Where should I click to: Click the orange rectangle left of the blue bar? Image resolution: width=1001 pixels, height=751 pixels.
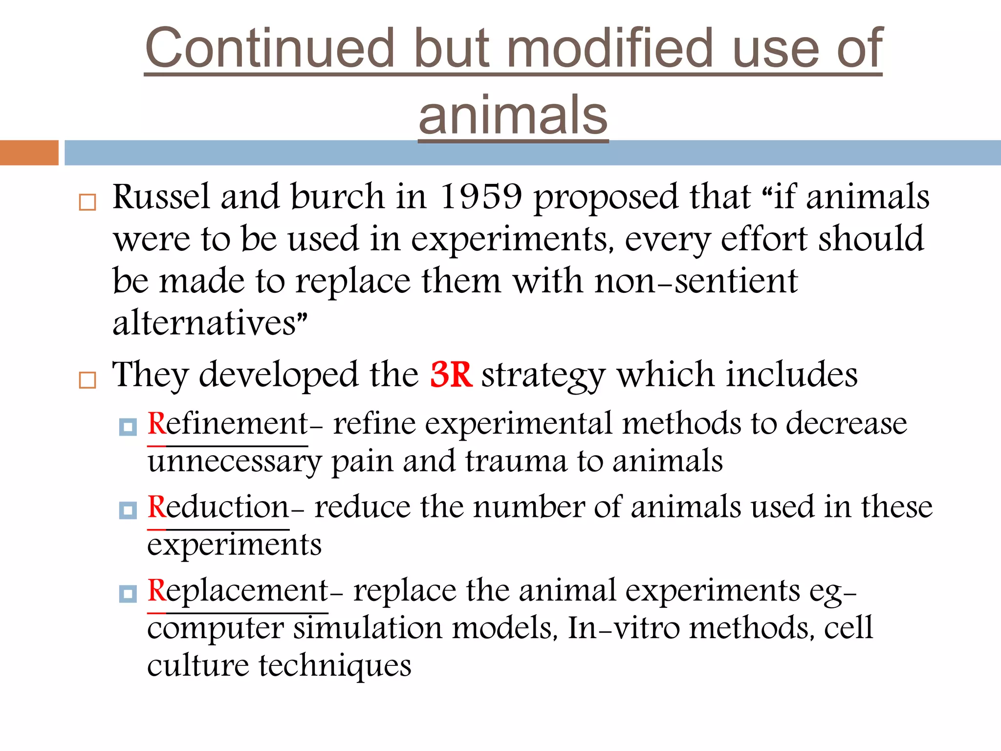29,153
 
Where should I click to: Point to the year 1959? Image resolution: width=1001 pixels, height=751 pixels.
481,197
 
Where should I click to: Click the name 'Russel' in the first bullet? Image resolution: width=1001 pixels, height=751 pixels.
161,197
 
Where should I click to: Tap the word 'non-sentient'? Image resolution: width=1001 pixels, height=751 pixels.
696,282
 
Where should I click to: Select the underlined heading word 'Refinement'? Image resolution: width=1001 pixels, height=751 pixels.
228,423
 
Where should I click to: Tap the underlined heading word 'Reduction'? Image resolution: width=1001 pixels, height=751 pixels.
218,507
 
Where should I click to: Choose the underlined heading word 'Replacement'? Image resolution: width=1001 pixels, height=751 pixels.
238,591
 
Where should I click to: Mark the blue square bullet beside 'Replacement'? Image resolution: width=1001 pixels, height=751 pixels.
128,594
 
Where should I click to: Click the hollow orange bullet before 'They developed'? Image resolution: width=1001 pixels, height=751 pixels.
87,380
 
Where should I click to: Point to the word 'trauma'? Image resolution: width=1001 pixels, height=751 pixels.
516,461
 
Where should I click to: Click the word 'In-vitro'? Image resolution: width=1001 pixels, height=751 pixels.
624,628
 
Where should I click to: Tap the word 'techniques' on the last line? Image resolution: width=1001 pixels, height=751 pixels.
335,665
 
